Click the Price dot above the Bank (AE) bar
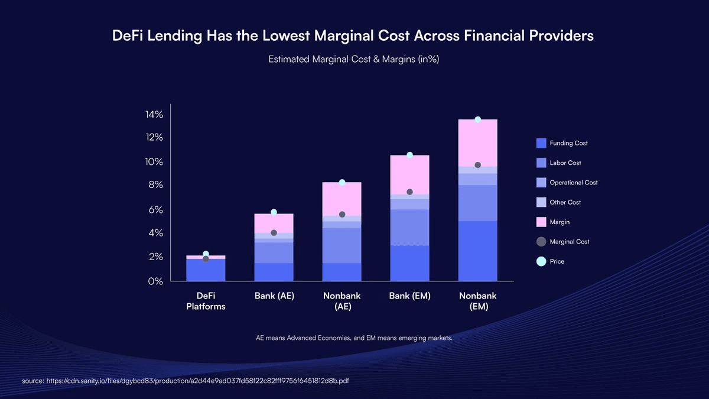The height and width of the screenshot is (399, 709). pyautogui.click(x=274, y=212)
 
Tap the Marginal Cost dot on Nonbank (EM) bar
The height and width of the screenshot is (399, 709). pyautogui.click(x=477, y=165)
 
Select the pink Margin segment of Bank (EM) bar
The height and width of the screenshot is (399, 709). pyautogui.click(x=409, y=174)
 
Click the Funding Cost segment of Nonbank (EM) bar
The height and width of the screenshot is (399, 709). pyautogui.click(x=477, y=251)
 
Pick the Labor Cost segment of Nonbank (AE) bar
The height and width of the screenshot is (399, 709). pyautogui.click(x=342, y=245)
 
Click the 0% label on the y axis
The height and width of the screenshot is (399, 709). pyautogui.click(x=155, y=281)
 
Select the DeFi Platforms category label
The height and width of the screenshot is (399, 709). pyautogui.click(x=206, y=301)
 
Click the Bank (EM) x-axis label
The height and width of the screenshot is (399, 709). pyautogui.click(x=409, y=296)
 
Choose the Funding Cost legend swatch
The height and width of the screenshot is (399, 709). pyautogui.click(x=541, y=143)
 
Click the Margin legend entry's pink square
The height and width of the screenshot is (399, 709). pyautogui.click(x=541, y=222)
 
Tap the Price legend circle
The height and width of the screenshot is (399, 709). pyautogui.click(x=541, y=261)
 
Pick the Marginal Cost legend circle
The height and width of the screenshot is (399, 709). pyautogui.click(x=541, y=241)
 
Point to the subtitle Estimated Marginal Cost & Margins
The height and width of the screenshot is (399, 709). pyautogui.click(x=354, y=59)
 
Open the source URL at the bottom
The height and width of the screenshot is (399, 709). pyautogui.click(x=186, y=381)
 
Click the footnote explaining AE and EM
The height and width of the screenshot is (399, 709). pyautogui.click(x=354, y=338)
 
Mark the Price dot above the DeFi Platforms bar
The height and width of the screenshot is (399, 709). pyautogui.click(x=206, y=254)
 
